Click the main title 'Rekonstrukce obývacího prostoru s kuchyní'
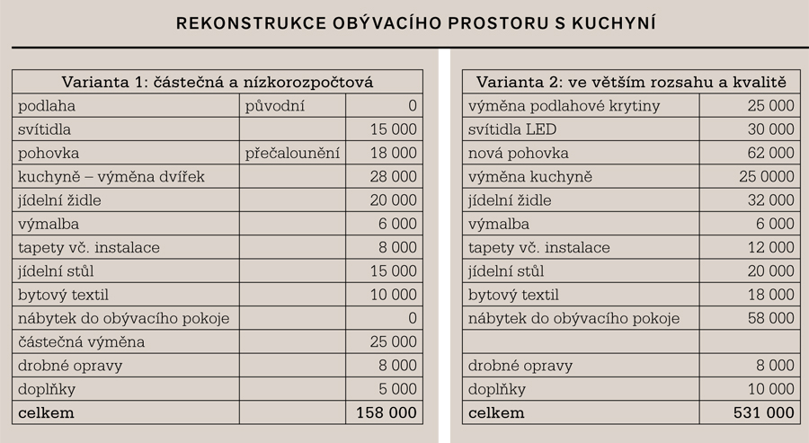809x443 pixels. coord(415,22)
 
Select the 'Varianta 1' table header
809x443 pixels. coord(217,82)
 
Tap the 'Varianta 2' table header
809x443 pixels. coord(631,82)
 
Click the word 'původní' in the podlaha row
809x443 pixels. coord(275,106)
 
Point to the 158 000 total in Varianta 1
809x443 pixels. coord(384,413)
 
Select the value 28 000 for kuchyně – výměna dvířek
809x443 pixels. coord(393,177)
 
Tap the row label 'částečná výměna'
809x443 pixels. coord(81,342)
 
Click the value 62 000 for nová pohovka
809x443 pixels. coord(770,154)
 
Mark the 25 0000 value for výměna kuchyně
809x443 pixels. coord(766,177)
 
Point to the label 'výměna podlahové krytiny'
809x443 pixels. coord(564,106)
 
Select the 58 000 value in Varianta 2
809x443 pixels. coord(770,318)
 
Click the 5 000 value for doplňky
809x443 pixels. coord(397,389)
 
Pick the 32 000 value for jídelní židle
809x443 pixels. coord(770,200)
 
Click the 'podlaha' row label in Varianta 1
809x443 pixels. coord(47,106)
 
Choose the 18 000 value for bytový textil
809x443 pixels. coord(770,295)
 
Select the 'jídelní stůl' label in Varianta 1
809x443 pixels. coord(56,271)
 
